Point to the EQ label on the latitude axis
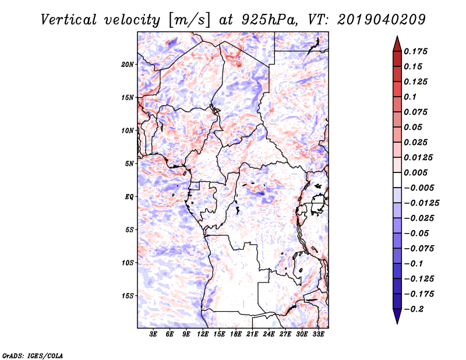click(x=130, y=196)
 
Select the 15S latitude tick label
click(x=128, y=295)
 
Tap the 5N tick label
click(x=130, y=164)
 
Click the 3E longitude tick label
click(x=154, y=335)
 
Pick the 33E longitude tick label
click(x=319, y=335)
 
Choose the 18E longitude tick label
click(x=236, y=335)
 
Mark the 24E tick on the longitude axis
click(x=269, y=335)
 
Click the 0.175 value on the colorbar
click(x=416, y=51)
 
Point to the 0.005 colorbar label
click(x=416, y=172)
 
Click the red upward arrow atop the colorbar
click(x=397, y=43)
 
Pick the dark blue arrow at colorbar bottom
click(x=397, y=317)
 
